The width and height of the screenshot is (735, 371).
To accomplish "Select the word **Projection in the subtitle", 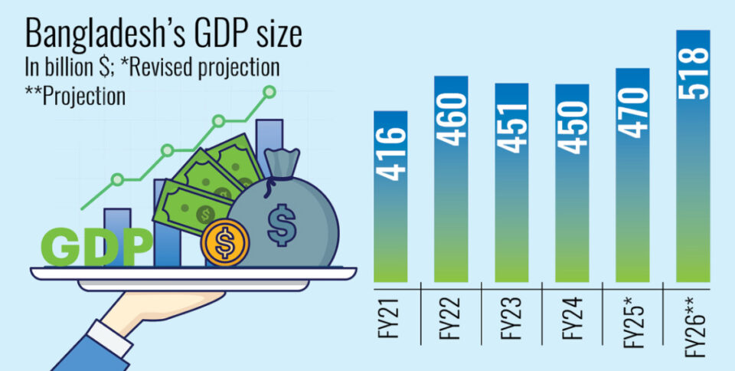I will [x=75, y=97].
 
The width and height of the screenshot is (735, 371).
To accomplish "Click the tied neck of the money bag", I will [x=274, y=181].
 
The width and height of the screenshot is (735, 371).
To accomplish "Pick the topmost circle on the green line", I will [x=269, y=92].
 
